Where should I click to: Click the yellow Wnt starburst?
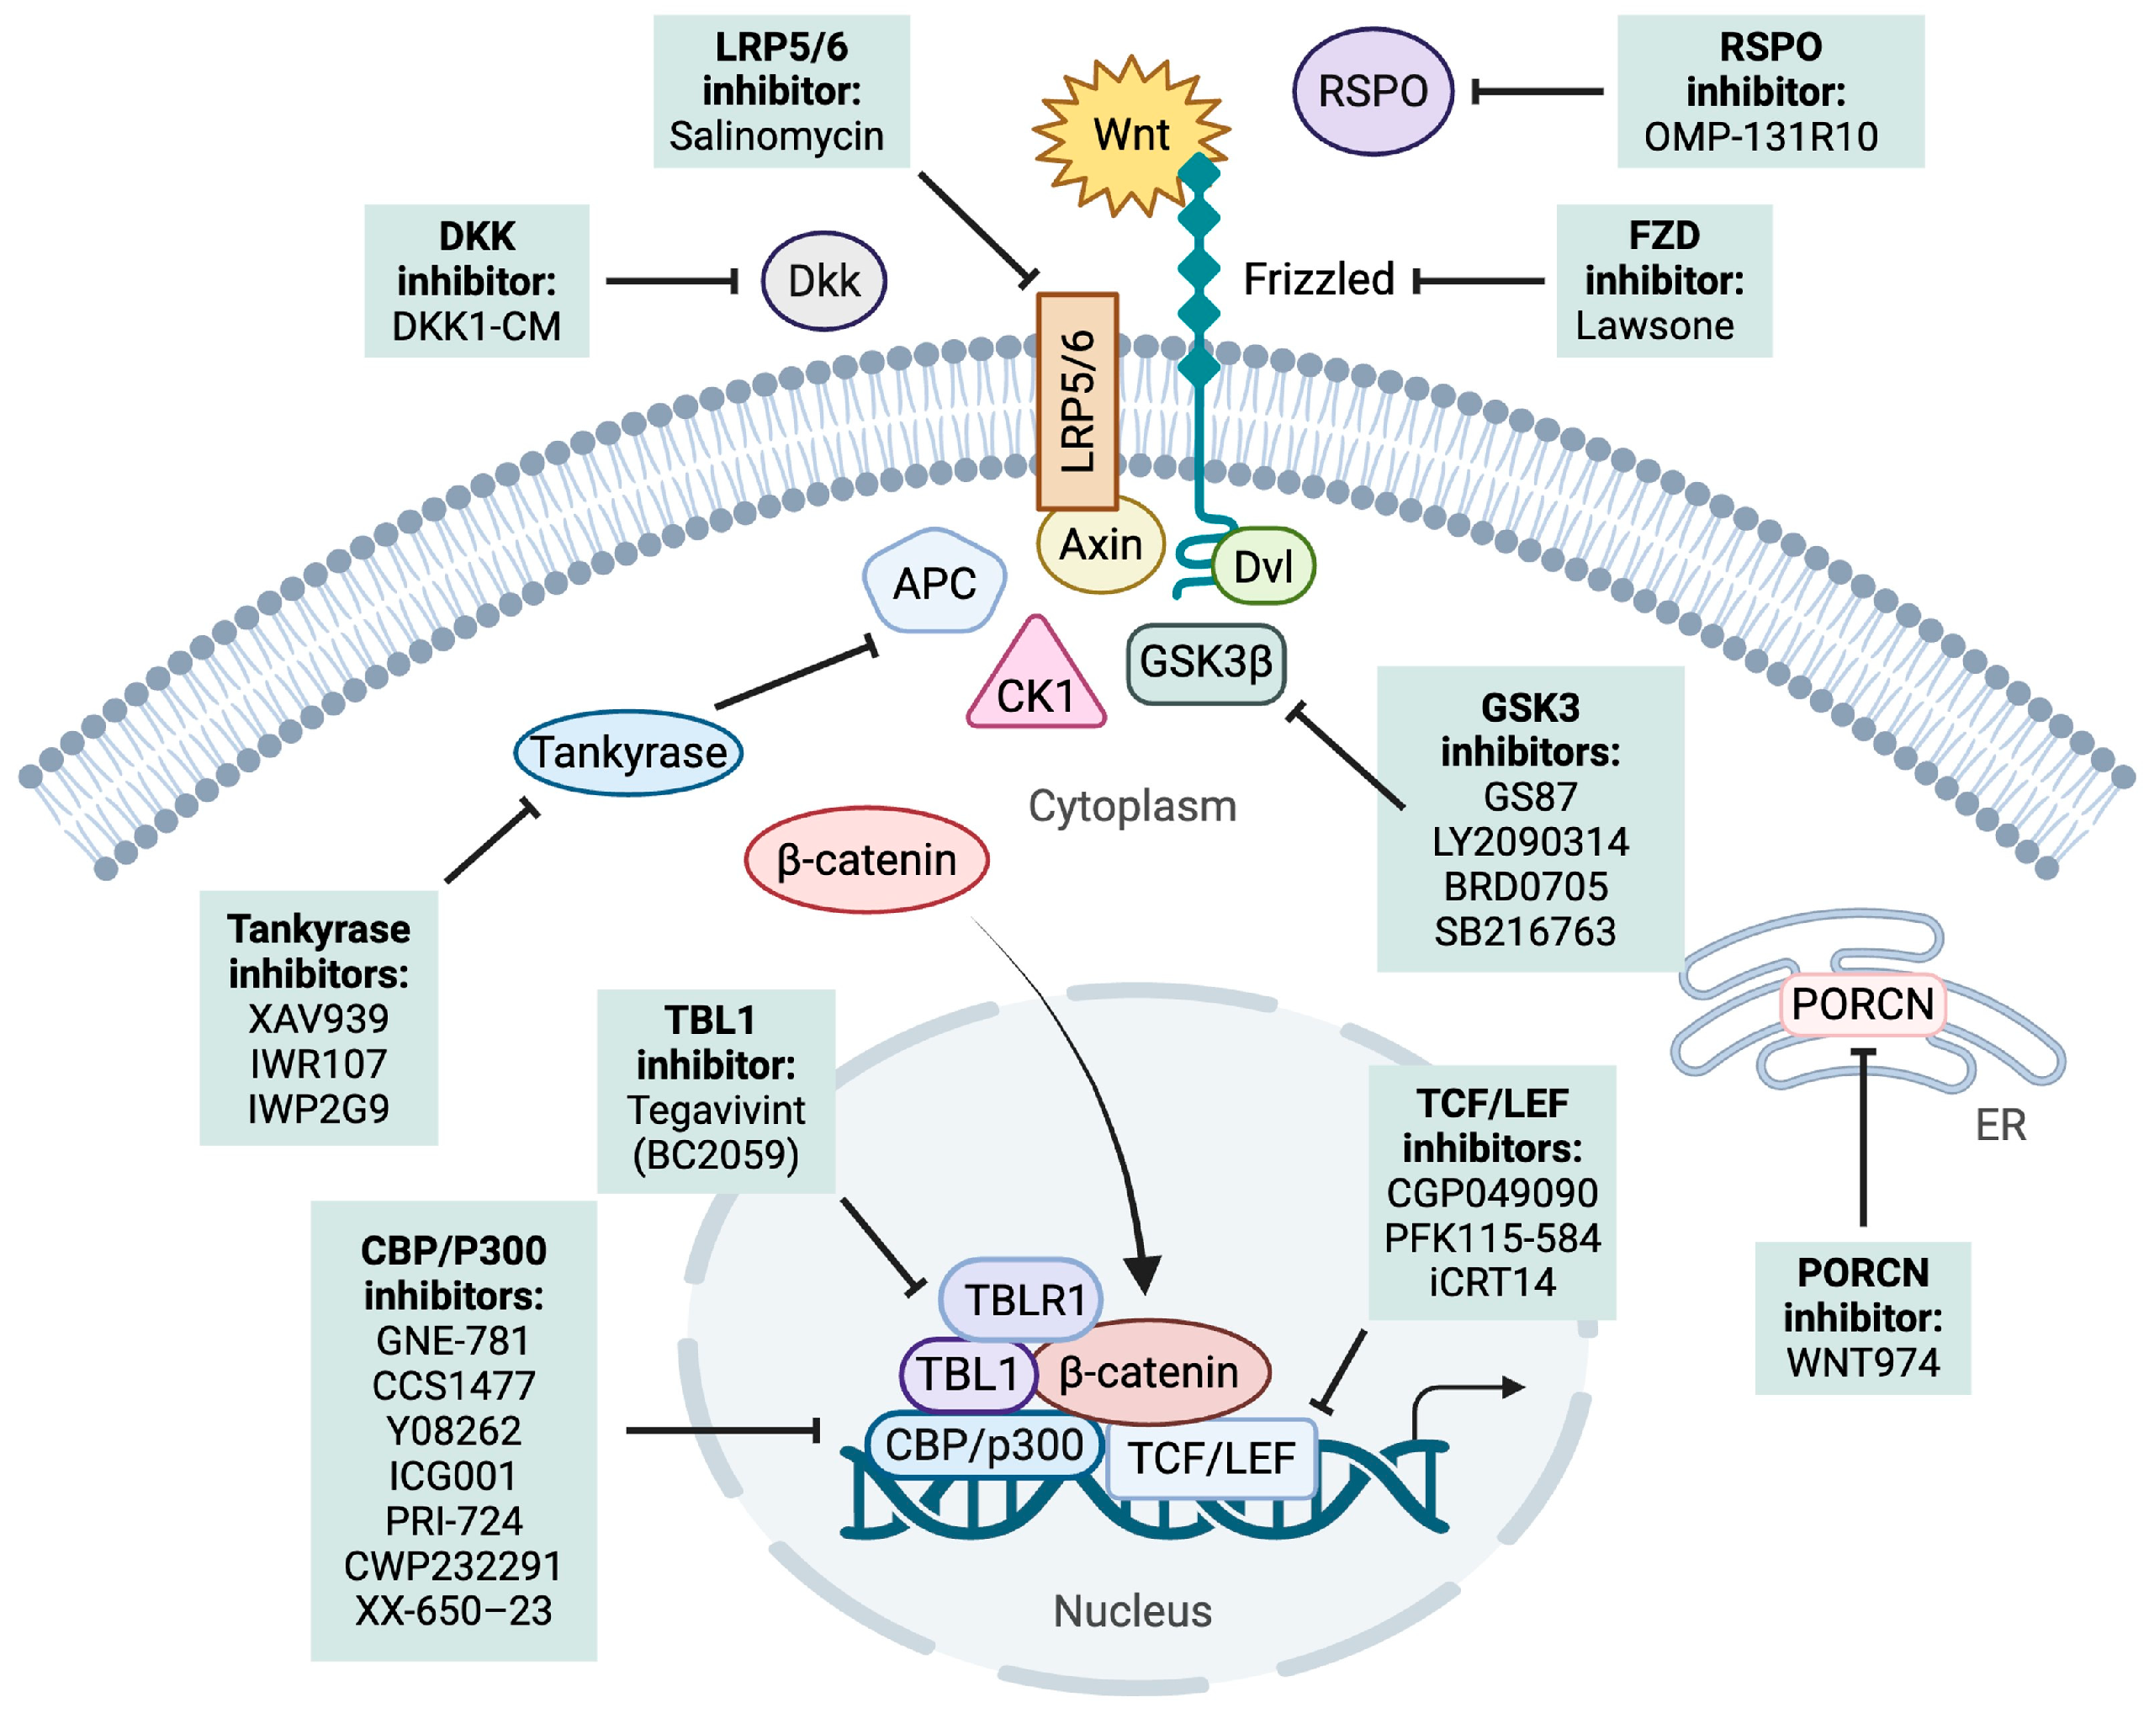pyautogui.click(x=1130, y=135)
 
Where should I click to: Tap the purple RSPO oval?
pyautogui.click(x=1373, y=92)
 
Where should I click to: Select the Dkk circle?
pyautogui.click(x=823, y=281)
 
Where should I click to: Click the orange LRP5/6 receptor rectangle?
pyautogui.click(x=1077, y=400)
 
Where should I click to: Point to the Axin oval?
pyautogui.click(x=1100, y=545)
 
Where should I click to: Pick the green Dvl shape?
pyautogui.click(x=1262, y=566)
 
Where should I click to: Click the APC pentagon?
pyautogui.click(x=934, y=581)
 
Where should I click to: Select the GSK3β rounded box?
pyautogui.click(x=1206, y=663)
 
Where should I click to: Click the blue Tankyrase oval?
pyautogui.click(x=628, y=753)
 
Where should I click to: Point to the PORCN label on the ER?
pyautogui.click(x=1862, y=1004)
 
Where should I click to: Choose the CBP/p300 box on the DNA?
pyautogui.click(x=984, y=1445)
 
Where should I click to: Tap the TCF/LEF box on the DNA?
pyautogui.click(x=1211, y=1459)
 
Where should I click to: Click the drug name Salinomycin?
pyautogui.click(x=776, y=136)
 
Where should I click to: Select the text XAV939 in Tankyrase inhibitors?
pyautogui.click(x=318, y=1019)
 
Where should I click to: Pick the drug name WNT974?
pyautogui.click(x=1862, y=1363)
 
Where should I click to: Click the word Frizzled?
pyautogui.click(x=1318, y=280)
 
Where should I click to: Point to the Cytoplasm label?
pyautogui.click(x=1132, y=807)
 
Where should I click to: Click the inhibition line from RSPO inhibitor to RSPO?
pyautogui.click(x=1538, y=92)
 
